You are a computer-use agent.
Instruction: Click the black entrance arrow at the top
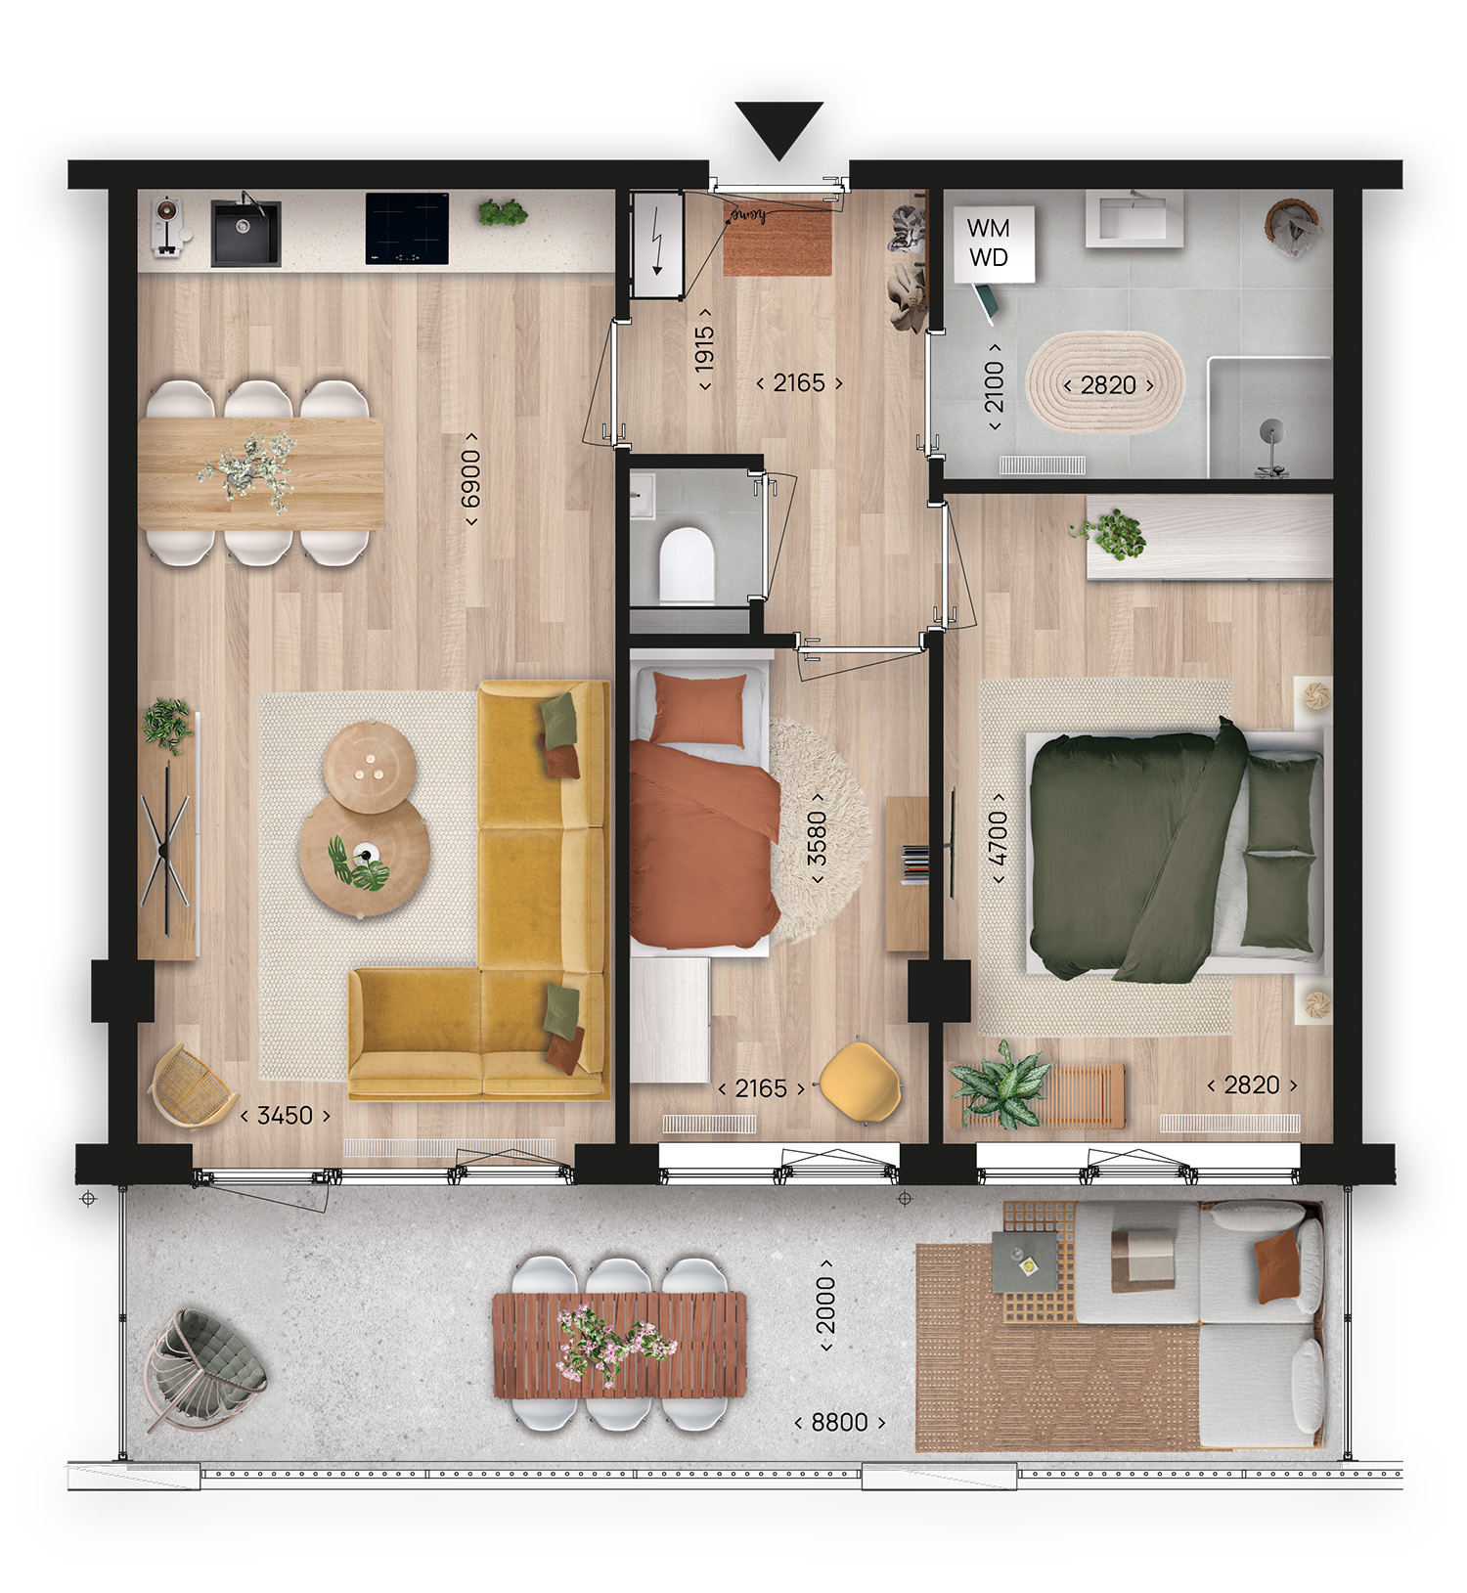coord(778,127)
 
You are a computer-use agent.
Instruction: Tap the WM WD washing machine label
coord(988,243)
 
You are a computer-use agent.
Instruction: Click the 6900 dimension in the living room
coord(471,479)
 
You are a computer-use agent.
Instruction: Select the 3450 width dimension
coord(285,1116)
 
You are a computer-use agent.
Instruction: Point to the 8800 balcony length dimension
coord(839,1422)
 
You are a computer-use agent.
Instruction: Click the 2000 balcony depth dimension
coord(826,1305)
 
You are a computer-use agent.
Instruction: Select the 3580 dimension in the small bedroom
coord(817,838)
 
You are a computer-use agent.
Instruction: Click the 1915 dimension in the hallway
coord(704,349)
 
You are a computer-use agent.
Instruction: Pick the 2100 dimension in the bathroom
coord(994,386)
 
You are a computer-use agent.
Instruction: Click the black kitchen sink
coord(246,234)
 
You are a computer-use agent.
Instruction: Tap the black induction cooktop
coord(407,229)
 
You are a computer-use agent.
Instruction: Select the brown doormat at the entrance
coord(778,238)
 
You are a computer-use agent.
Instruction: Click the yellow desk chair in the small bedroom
coord(860,1081)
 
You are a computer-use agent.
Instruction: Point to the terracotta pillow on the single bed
coord(697,711)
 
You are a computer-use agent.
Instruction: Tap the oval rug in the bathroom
coord(1105,384)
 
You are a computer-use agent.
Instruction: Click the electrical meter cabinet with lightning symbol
coord(656,244)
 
